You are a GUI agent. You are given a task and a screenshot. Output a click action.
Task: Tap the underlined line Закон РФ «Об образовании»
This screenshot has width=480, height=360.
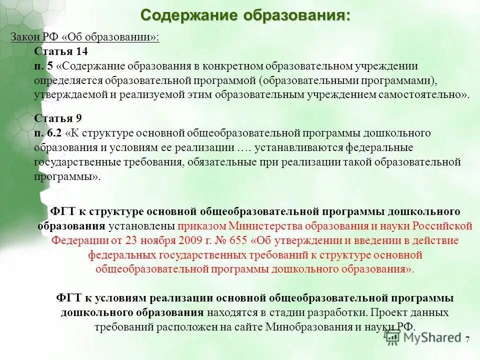tap(85, 38)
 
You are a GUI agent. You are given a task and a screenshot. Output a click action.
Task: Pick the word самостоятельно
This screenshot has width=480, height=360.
tap(430, 94)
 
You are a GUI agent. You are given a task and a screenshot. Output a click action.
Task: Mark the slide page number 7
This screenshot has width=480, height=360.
tap(467, 340)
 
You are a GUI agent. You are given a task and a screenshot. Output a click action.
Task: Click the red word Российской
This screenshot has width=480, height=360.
tap(446, 225)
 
